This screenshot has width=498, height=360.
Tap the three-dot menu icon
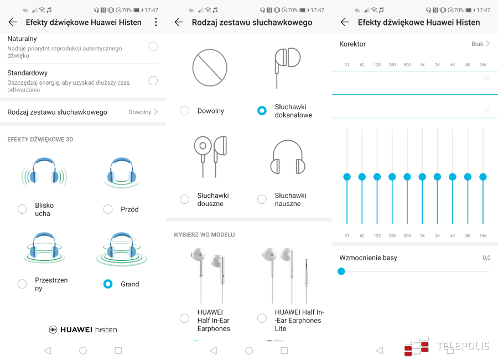coord(155,22)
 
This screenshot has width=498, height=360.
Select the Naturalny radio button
coord(153,47)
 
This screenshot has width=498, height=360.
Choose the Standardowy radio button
coord(153,81)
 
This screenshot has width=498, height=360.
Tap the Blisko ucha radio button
coord(22,209)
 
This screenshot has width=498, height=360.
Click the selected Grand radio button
coord(108,284)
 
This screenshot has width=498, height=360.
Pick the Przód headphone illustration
coord(122,173)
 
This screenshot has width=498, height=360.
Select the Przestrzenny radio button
coord(22,284)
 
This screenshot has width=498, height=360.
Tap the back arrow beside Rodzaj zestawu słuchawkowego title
coord(179,22)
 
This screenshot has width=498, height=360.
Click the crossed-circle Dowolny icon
coord(210,68)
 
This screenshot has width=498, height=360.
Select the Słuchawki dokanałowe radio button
coord(262,111)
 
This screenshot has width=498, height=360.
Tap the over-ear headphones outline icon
coord(288,157)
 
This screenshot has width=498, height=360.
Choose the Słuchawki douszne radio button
coord(184,199)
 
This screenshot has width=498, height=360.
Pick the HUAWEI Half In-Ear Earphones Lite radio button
coord(262,318)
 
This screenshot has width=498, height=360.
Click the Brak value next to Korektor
coord(477,44)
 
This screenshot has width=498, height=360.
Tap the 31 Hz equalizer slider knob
coord(347,177)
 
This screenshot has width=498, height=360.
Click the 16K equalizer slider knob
coord(483,177)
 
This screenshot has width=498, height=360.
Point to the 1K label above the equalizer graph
coord(422,65)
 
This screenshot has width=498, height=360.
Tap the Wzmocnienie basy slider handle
coord(341,271)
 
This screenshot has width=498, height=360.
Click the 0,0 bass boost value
coord(486,258)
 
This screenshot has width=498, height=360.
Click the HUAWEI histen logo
coord(83,330)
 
